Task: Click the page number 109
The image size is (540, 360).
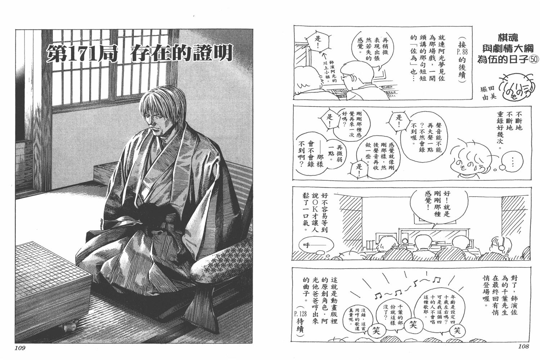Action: coord(20,348)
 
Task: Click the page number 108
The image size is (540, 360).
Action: coord(523,346)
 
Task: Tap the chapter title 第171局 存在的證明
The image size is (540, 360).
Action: coord(139,53)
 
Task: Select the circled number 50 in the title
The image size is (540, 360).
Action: coord(533,59)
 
